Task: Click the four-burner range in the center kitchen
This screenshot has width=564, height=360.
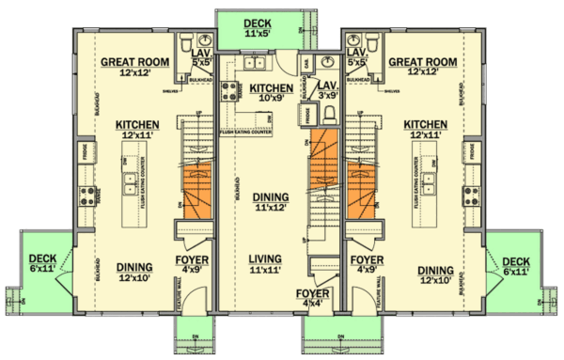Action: [228, 91]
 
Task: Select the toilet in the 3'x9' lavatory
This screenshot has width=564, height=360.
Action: [328, 113]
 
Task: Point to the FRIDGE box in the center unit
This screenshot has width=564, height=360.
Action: [307, 115]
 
